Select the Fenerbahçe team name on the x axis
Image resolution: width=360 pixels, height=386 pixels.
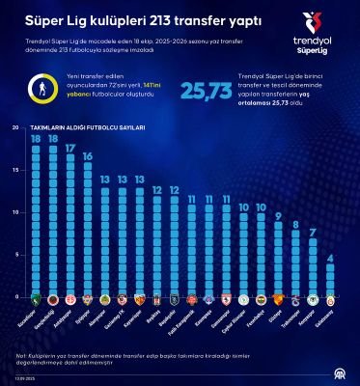pyautogui.click(x=256, y=317)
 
